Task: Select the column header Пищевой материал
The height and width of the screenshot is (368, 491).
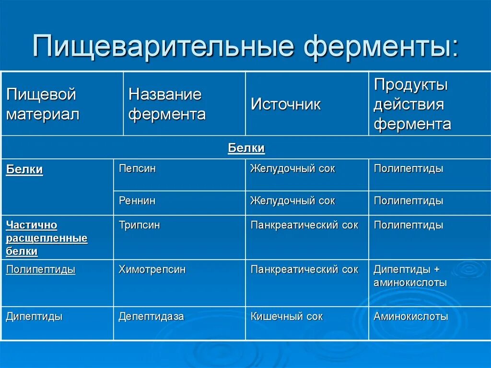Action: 42,104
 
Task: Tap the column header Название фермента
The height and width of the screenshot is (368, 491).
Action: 167,104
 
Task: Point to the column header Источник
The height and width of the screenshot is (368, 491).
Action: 285,105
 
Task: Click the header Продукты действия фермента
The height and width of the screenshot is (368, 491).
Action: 412,104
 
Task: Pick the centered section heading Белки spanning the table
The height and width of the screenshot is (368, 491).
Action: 246,148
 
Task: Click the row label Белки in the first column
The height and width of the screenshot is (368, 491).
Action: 24,169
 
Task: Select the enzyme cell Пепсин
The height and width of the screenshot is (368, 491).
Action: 137,169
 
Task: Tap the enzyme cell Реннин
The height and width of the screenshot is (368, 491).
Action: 137,201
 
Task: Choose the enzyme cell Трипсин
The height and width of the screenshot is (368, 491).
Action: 140,225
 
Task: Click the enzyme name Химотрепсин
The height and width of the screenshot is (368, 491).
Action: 152,270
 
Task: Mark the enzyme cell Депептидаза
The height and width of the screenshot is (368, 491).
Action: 151,317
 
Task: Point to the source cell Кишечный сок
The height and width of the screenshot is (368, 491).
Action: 287,317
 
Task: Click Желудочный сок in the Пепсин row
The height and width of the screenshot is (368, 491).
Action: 292,169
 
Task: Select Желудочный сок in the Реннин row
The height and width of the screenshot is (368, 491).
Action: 292,201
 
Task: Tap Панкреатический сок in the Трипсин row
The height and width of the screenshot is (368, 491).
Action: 304,225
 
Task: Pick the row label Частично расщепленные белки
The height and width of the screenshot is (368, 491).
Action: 47,238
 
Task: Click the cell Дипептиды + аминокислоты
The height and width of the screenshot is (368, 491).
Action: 410,276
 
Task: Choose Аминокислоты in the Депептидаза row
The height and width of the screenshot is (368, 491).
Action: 411,317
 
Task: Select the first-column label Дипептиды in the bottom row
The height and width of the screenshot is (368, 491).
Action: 34,317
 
